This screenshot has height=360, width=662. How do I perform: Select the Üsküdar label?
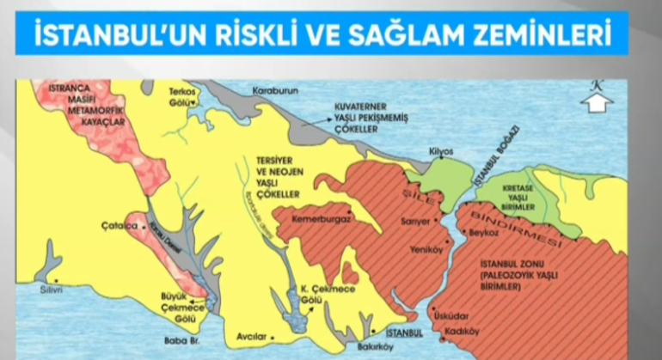[x=452, y=314]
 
